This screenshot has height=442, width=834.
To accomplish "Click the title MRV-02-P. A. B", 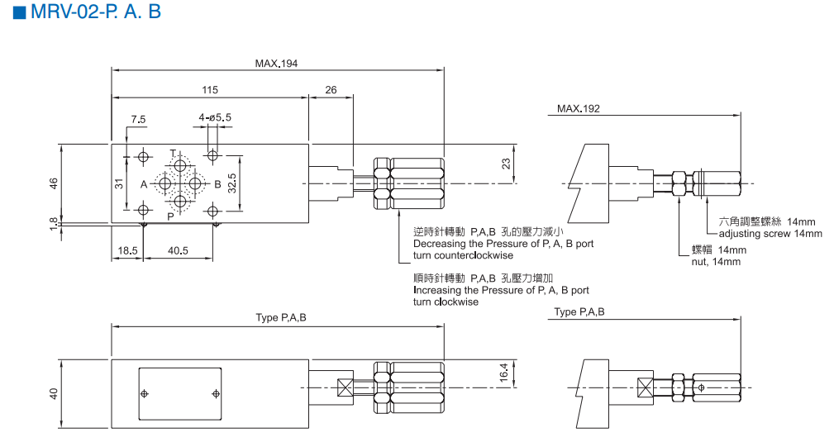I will pyautogui.click(x=87, y=14).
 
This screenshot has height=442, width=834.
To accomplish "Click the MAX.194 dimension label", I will pyautogui.click(x=276, y=64).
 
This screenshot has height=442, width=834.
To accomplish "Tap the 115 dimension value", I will pyautogui.click(x=209, y=89).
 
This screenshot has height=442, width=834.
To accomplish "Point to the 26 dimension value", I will pyautogui.click(x=331, y=89).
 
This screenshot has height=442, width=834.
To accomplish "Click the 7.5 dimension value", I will pyautogui.click(x=137, y=119).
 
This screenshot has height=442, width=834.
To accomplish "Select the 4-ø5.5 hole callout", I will pyautogui.click(x=215, y=118).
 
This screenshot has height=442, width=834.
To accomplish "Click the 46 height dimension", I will pyautogui.click(x=53, y=183).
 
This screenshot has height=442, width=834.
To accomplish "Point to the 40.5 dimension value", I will pyautogui.click(x=178, y=250).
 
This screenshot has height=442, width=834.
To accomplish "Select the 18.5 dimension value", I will pyautogui.click(x=127, y=250).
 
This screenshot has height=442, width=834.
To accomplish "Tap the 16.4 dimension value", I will pyautogui.click(x=504, y=373).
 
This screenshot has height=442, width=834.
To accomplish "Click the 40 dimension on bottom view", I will pyautogui.click(x=53, y=393).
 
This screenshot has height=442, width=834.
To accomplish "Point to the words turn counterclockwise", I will pyautogui.click(x=463, y=255).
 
